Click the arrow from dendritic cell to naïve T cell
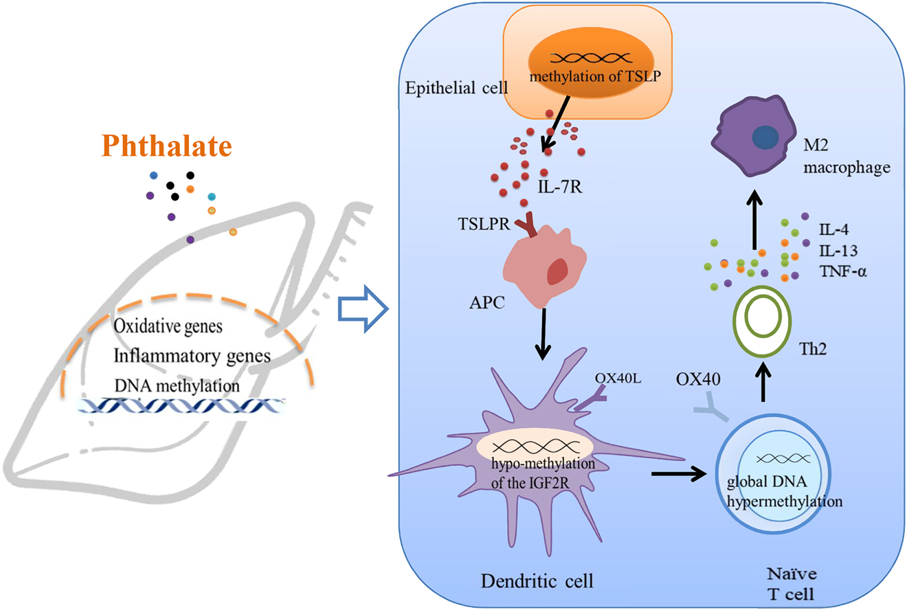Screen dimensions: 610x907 click(x=676, y=473)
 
